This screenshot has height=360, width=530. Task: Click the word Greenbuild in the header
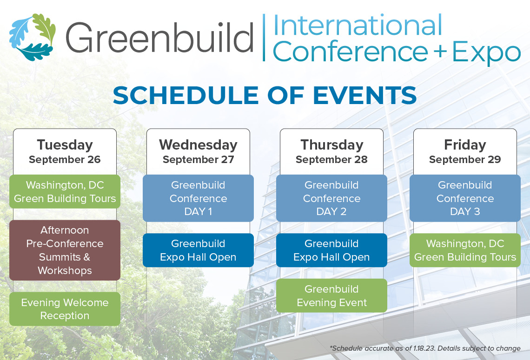coord(159,38)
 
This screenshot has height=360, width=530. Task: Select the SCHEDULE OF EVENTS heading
coord(265,95)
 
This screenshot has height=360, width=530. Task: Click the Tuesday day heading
coord(65,145)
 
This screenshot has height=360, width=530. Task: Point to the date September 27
coord(198,160)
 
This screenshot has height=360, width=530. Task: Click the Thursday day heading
coord(331,145)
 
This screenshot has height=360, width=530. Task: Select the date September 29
coord(465,160)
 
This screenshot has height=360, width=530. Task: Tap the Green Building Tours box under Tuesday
coord(65,192)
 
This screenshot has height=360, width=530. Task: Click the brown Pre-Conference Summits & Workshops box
coord(65,250)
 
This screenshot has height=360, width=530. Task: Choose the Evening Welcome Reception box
coord(65,309)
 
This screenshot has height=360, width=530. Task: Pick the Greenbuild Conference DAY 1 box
coord(198,198)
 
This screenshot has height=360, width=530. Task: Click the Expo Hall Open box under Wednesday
coord(198,250)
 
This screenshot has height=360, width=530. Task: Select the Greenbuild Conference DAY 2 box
coord(331,198)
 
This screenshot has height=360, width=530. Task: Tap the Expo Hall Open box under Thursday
coord(331,250)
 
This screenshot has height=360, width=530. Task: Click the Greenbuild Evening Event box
coord(331,296)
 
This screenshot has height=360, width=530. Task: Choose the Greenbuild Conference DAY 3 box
coord(465,198)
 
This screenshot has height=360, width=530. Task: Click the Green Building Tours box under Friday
coord(465,250)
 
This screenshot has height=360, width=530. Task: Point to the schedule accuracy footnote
coord(424,348)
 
